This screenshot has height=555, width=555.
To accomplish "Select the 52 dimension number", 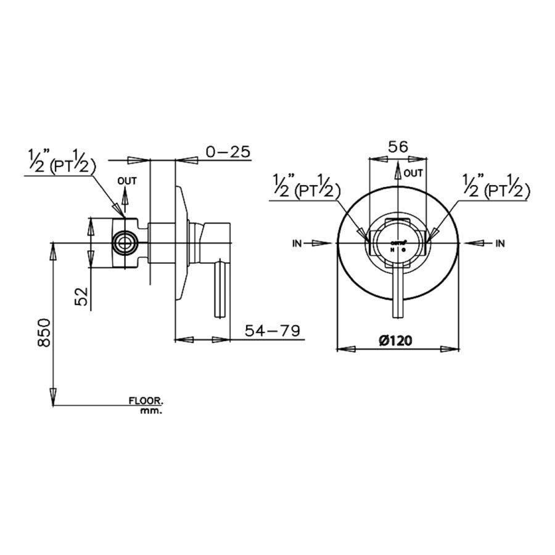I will coord(80,297).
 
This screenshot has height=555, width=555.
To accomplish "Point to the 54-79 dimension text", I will coord(273,331).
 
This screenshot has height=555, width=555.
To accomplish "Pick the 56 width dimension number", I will coord(398,146).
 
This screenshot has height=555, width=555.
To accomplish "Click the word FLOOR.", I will coord(146,401).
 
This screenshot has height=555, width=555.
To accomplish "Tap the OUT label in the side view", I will coord(127,181).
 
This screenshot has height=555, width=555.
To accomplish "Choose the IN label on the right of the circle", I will coord(499,244).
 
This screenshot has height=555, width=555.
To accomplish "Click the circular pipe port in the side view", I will coord(126,243).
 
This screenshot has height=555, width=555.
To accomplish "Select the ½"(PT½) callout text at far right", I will coord(496,186).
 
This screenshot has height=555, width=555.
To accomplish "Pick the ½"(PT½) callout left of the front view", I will coord(306,186).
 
